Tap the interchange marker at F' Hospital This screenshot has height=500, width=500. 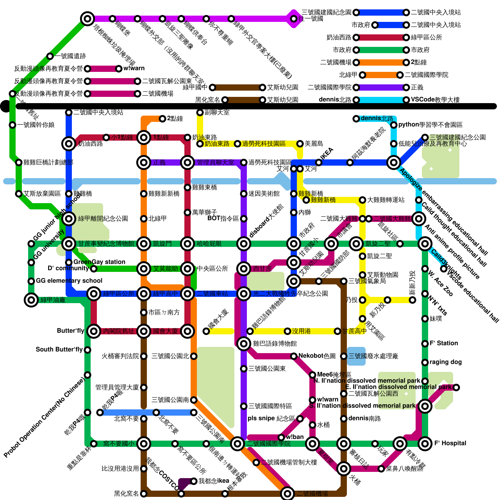[425, 444]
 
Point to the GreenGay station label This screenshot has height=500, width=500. [99, 262]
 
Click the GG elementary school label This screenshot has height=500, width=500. [69, 281]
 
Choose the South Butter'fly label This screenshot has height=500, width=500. [59, 349]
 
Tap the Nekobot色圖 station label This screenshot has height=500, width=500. [317, 356]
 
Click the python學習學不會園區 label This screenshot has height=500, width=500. [430, 125]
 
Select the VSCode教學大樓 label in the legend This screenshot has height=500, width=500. [435, 100]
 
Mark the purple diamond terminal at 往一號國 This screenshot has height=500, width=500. [294, 19]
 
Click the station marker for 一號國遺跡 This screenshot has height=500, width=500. [50, 56]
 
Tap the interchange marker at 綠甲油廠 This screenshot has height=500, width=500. [31, 300]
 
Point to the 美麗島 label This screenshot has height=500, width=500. [314, 143]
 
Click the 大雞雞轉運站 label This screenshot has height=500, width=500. [386, 200]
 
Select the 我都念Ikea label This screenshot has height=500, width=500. [214, 481]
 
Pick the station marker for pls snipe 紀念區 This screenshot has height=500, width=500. [300, 419]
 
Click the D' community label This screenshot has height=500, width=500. [68, 268]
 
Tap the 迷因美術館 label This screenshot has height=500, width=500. [264, 194]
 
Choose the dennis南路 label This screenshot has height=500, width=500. [364, 418]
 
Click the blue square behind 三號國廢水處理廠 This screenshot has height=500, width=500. [356, 356]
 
